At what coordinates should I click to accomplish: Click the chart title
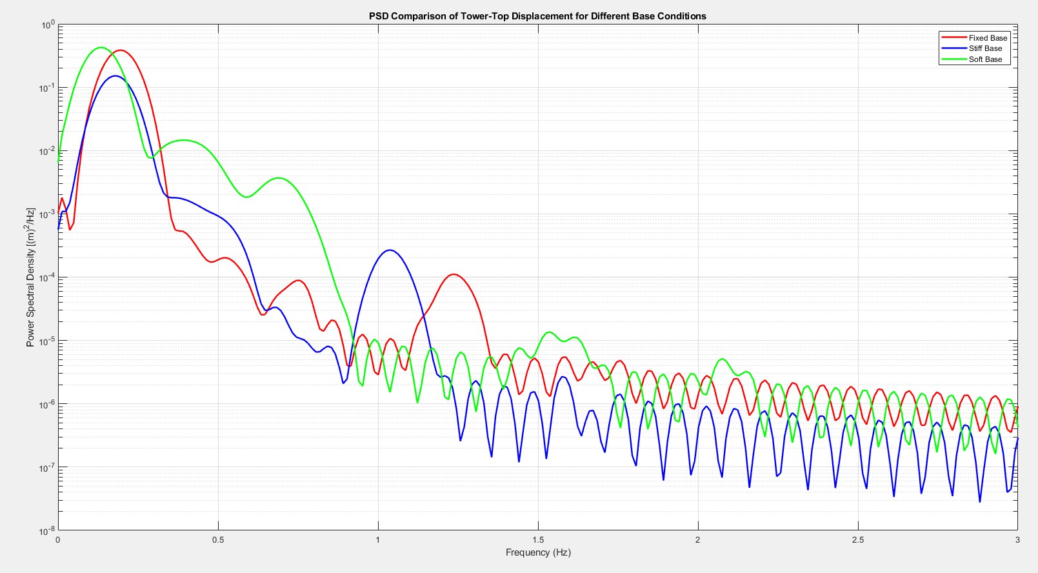pyautogui.click(x=537, y=16)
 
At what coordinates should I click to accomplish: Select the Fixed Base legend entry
pyautogui.click(x=987, y=38)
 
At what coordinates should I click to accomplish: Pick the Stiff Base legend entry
pyautogui.click(x=985, y=48)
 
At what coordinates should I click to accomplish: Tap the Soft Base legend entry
pyautogui.click(x=985, y=59)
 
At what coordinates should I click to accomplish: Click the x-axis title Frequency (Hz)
pyautogui.click(x=538, y=552)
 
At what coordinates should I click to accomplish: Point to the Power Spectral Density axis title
pyautogui.click(x=30, y=277)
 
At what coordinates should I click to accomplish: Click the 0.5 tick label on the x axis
pyautogui.click(x=218, y=540)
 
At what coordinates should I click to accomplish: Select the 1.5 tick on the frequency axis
pyautogui.click(x=537, y=540)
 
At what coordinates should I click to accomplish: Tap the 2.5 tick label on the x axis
pyautogui.click(x=857, y=540)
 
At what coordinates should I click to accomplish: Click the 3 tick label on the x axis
pyautogui.click(x=1017, y=540)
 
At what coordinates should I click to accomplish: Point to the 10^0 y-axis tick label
pyautogui.click(x=47, y=25)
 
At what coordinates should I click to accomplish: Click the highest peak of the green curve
pyautogui.click(x=101, y=47)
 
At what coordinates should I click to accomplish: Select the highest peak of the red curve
pyautogui.click(x=121, y=50)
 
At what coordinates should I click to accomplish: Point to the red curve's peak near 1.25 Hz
pyautogui.click(x=454, y=274)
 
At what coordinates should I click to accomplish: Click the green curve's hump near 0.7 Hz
pyautogui.click(x=278, y=178)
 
